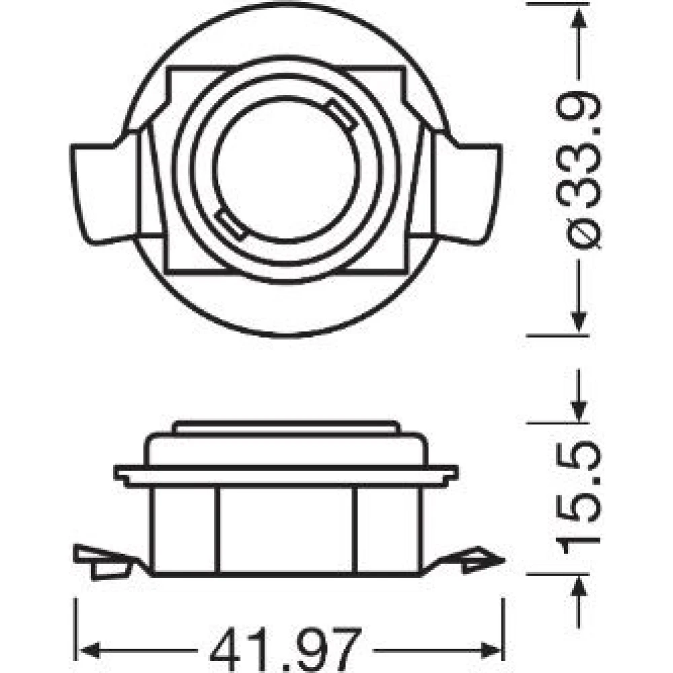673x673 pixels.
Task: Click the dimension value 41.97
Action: [x=285, y=649]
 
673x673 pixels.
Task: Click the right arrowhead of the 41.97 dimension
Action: [x=492, y=650]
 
